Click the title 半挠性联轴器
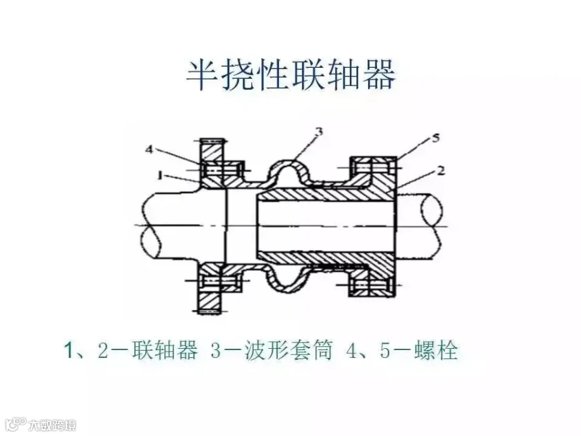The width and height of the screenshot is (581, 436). tap(291, 76)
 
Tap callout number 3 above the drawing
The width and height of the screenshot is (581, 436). tap(319, 132)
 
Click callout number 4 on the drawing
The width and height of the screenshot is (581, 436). tap(149, 149)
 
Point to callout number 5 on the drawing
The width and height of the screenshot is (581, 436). tap(436, 138)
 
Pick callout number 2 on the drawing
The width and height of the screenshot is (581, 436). tap(440, 171)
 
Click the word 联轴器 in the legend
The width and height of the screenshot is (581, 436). tap(165, 349)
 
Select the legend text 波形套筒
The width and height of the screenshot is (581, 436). tap(289, 349)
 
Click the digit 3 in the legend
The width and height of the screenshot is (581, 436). tap(216, 350)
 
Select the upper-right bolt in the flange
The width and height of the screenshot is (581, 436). tap(373, 167)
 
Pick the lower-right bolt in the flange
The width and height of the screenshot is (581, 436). tap(373, 285)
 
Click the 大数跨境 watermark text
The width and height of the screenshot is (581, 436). tap(52, 424)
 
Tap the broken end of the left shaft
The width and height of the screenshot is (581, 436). tap(148, 227)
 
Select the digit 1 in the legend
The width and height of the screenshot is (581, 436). tap(68, 350)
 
